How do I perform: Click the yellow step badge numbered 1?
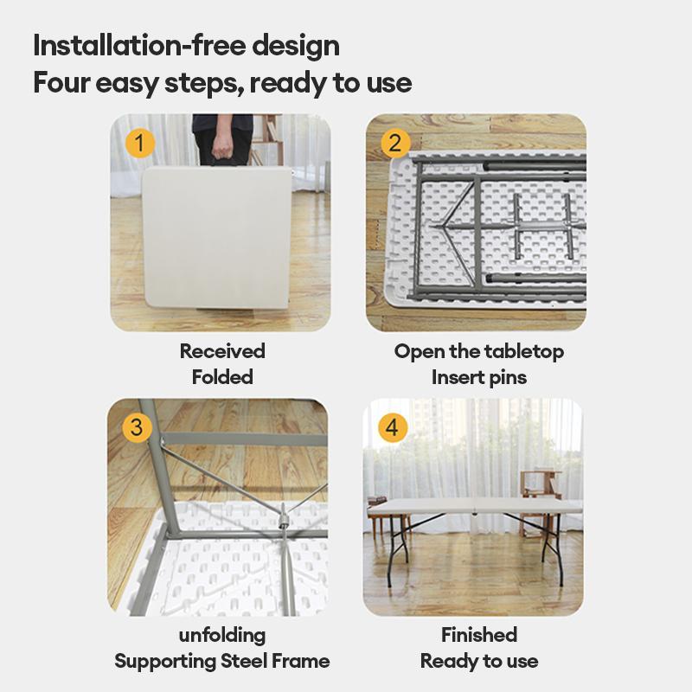point(140,143)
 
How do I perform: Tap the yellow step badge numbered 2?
point(395,143)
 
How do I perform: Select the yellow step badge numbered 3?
point(137,427)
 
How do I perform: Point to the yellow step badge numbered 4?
point(393,427)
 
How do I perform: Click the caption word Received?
point(222,351)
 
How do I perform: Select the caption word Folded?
point(222,377)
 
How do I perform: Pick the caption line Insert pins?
point(479,377)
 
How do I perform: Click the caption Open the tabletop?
point(479,351)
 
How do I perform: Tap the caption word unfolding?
point(222,635)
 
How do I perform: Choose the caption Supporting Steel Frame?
point(222,662)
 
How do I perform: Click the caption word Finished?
point(479,635)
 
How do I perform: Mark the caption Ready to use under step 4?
point(479,662)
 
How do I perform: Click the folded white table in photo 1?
point(216,238)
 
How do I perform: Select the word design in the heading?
point(295,45)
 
